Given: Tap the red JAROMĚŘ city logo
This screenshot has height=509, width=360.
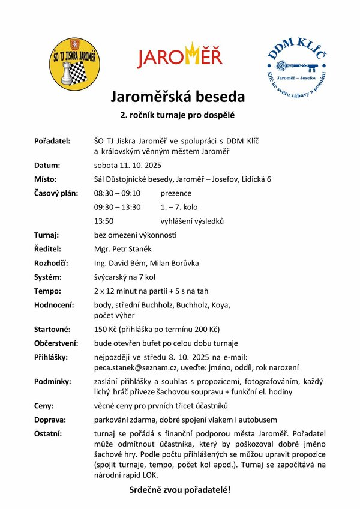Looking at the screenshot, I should tap(180, 55).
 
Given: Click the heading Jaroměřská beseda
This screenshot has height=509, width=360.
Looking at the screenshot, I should tap(177, 97).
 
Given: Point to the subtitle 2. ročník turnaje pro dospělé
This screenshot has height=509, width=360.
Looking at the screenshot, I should tap(177, 114).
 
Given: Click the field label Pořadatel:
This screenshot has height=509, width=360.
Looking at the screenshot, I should tap(52, 140).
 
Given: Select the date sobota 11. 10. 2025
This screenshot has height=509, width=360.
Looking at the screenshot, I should tap(128, 165).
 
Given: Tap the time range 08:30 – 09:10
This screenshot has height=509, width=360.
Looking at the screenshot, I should tap(117, 193).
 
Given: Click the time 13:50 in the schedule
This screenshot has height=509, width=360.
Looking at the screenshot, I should tap(104, 221).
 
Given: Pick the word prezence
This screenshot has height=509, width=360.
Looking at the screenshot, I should tap(176, 193).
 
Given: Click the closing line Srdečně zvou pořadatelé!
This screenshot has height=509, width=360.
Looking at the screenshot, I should tap(180, 490).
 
